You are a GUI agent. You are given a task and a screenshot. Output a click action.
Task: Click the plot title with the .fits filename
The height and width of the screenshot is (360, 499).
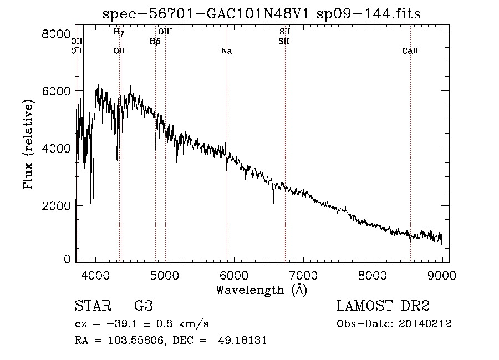[x=262, y=14]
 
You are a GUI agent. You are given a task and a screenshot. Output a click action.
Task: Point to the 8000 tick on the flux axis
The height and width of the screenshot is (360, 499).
[x=56, y=34]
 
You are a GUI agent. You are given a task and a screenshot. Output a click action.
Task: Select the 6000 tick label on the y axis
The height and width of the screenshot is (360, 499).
[x=56, y=91]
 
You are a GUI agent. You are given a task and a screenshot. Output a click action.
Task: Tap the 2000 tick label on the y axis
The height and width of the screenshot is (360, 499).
[x=56, y=205]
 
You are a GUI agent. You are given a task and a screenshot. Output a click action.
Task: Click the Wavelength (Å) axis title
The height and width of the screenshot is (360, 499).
[x=261, y=290]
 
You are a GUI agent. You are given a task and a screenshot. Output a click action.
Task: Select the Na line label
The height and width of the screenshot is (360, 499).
[x=226, y=51]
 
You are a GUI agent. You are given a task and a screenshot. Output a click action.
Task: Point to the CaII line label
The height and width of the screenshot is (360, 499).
[x=410, y=51]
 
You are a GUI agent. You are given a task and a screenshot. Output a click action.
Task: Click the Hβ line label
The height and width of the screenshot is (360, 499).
[x=155, y=41]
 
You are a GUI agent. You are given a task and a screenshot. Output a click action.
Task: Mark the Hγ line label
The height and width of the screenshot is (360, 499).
[x=119, y=32]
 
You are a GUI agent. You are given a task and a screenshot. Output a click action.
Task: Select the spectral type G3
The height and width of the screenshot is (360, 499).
[x=143, y=307]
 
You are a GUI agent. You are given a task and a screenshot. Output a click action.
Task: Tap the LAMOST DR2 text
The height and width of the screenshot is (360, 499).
[x=383, y=307]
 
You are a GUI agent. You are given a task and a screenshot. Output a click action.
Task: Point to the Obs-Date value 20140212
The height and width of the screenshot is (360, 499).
[x=425, y=324]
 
